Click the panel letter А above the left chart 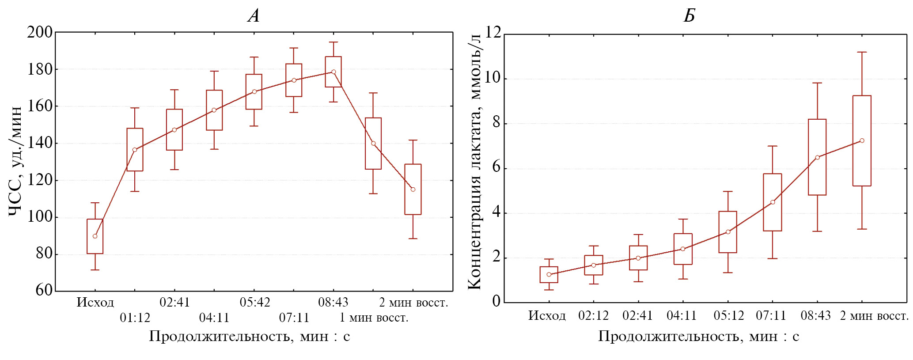coord(254,16)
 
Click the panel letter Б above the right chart coord(689,16)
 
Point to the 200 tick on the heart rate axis coord(40,32)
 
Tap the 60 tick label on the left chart coord(44,290)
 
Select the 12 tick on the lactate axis coord(493,32)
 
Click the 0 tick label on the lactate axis coord(496,301)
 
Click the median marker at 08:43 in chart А coord(333,72)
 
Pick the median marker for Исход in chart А coord(95,236)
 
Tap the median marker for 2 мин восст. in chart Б coord(862,141)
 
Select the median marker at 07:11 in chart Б coord(773,202)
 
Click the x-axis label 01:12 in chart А coord(135,318)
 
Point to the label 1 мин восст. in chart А coord(374,318)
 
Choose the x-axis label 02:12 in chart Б coord(593,316)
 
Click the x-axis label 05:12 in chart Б coord(729,316)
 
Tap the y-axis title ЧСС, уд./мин coord(15,161)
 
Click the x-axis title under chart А coord(250,337)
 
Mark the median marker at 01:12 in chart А coord(135,150)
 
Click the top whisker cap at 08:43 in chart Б coord(817,83)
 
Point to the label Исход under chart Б coord(547,316)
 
